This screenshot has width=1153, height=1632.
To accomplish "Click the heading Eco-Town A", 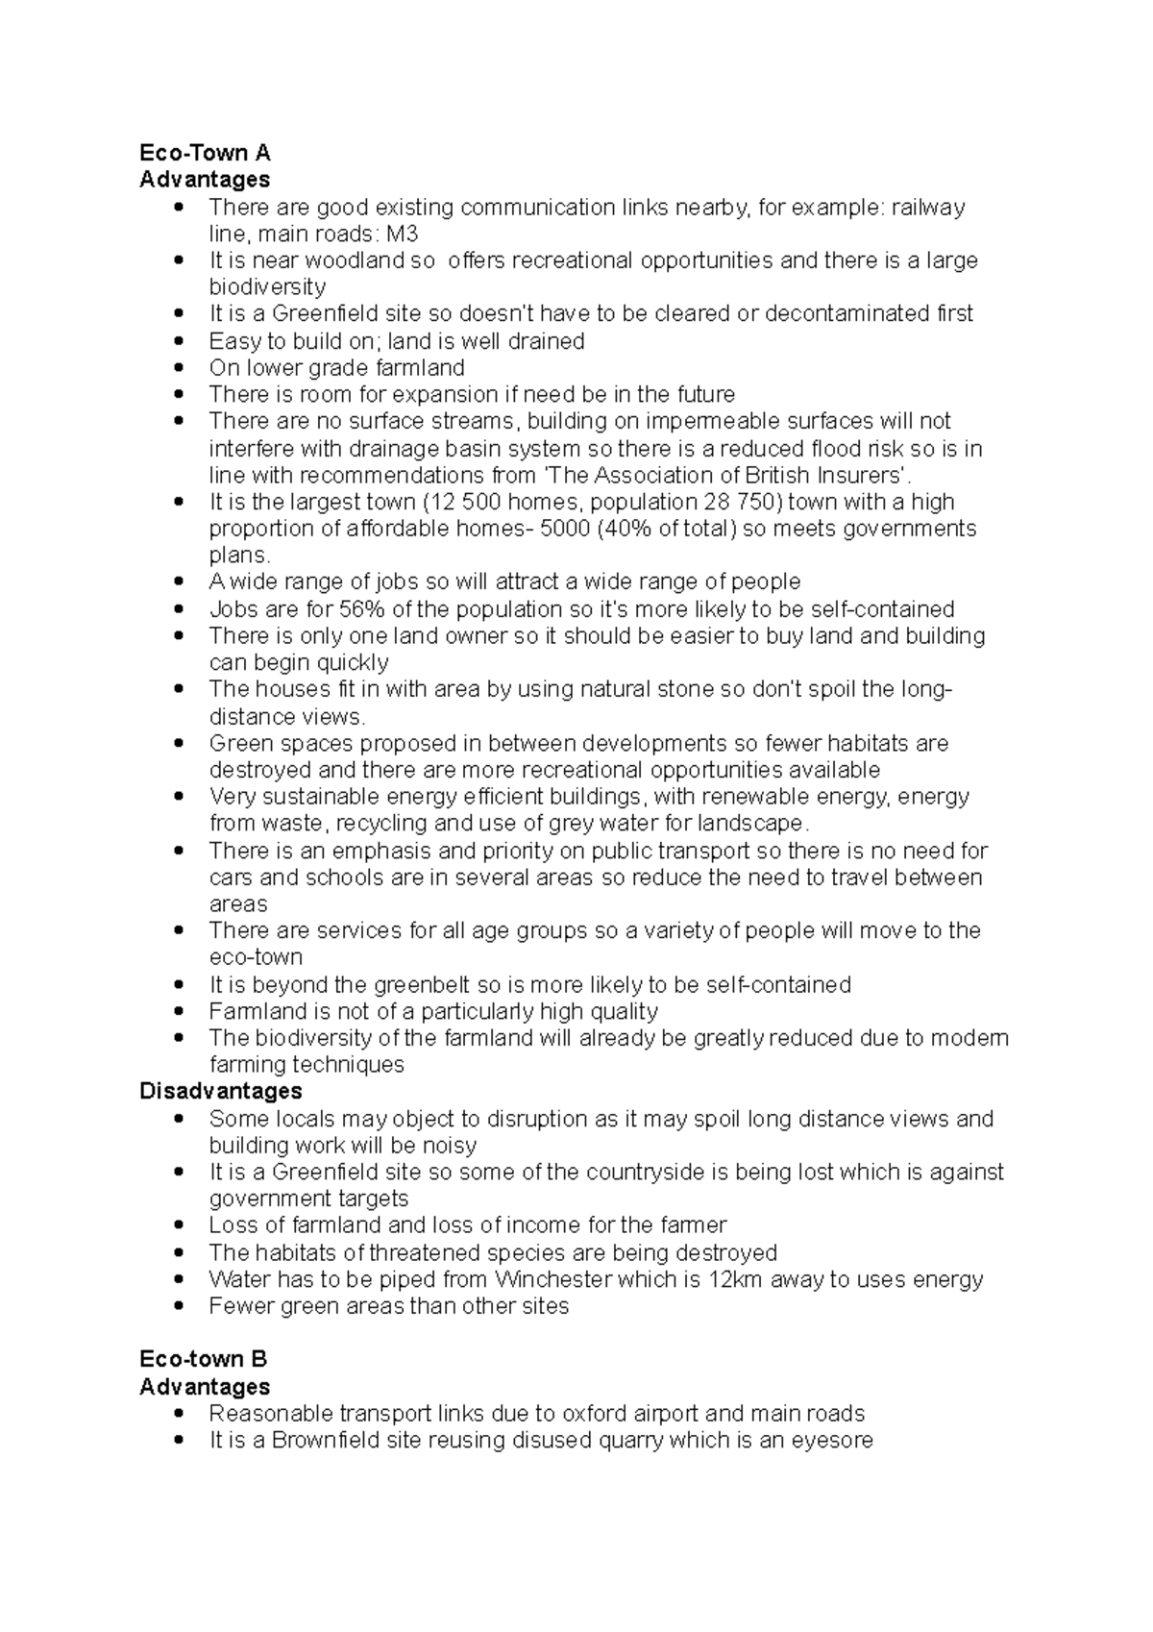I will [x=205, y=153].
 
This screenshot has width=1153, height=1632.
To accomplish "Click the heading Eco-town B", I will [x=203, y=1359].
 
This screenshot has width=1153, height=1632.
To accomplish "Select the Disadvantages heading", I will [x=220, y=1091].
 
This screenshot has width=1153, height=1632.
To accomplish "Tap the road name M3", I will [x=402, y=235].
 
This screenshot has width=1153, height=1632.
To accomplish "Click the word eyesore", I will [x=832, y=1440].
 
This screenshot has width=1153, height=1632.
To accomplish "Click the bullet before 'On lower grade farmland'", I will [x=179, y=368].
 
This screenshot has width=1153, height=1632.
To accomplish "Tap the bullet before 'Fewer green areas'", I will [x=179, y=1306].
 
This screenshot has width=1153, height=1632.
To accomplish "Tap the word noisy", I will [x=449, y=1146].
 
